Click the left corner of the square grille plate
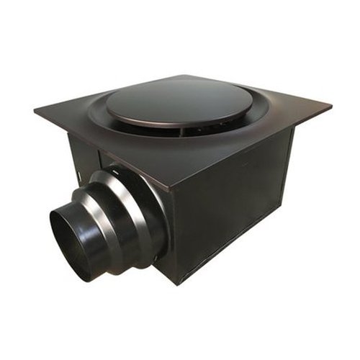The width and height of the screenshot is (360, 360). pos(34,111)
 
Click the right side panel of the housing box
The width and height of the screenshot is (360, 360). pos(238,202)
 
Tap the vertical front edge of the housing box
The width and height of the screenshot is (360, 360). pos(173,238)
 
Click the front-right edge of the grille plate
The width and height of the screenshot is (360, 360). pos(252,148)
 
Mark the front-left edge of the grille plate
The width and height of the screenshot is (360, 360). pos(101,151)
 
